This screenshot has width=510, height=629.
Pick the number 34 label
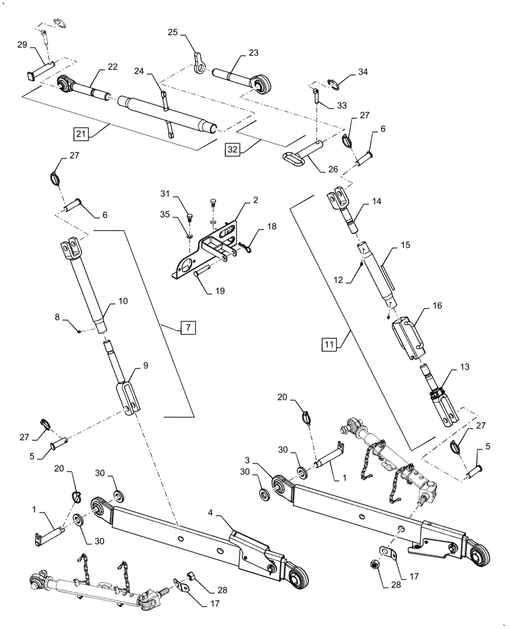click(363, 72)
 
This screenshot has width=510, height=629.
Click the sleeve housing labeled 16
click(410, 338)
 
